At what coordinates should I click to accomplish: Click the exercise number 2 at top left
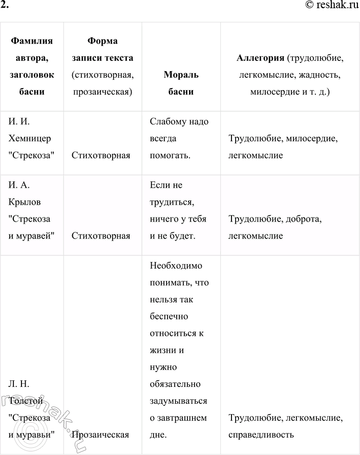click(x=5, y=6)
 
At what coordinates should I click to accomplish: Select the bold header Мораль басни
click(x=181, y=83)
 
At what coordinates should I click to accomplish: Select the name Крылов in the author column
click(x=24, y=202)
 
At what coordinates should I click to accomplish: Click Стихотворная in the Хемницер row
click(x=101, y=155)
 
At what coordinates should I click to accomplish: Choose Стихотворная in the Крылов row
click(x=101, y=236)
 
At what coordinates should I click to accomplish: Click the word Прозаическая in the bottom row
click(x=100, y=435)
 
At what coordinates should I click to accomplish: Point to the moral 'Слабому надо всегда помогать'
click(x=176, y=138)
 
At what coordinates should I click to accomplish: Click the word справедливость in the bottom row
click(x=261, y=435)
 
